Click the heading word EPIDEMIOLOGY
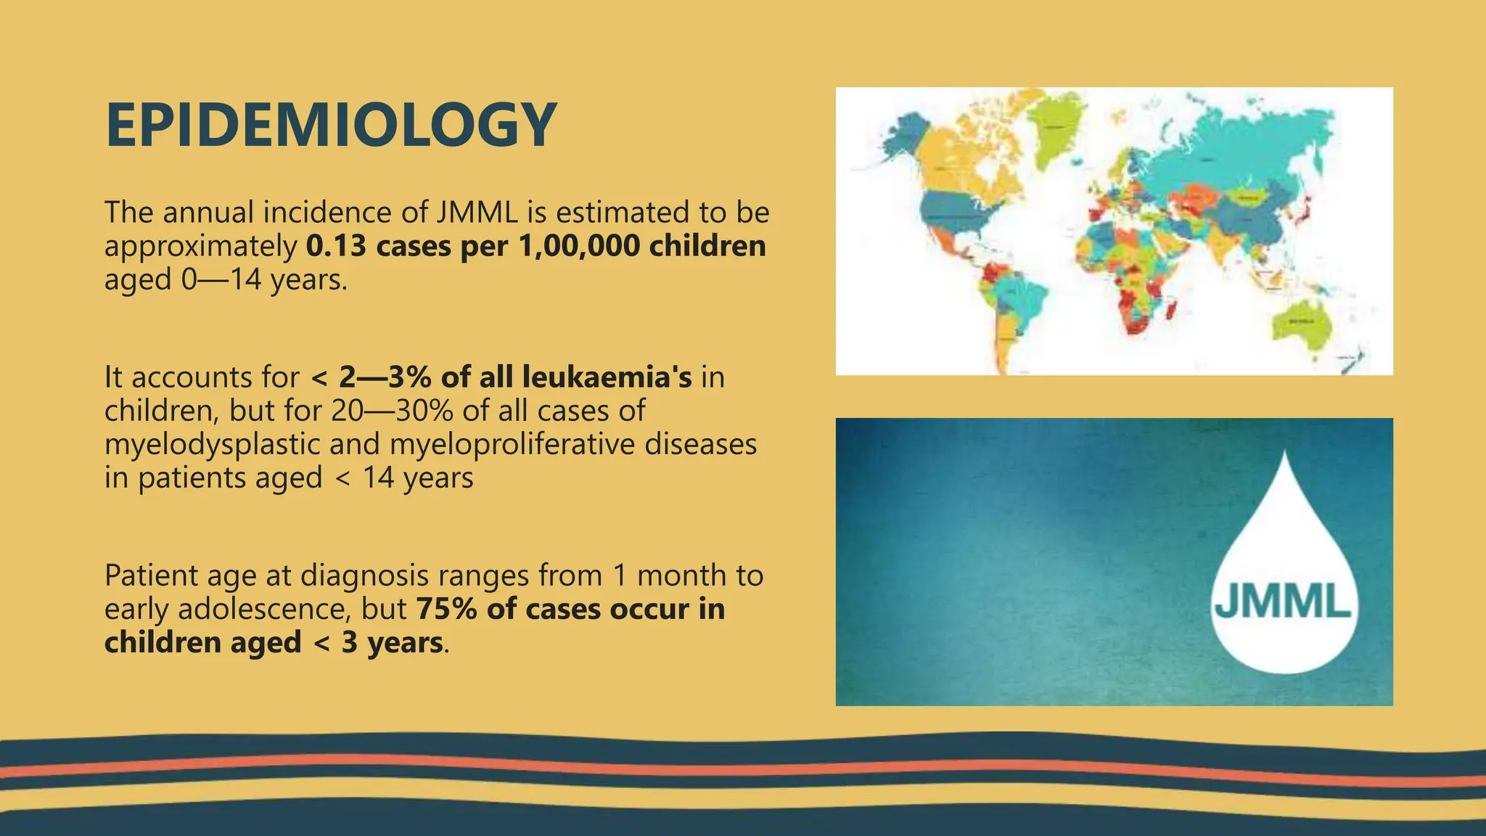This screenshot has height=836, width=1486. tap(331, 126)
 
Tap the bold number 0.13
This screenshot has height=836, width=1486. tap(336, 246)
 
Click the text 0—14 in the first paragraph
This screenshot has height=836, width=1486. tap(221, 279)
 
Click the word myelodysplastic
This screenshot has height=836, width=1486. tap(212, 444)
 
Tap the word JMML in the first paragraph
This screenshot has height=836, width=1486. tap(477, 213)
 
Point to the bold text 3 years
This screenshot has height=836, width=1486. tap(392, 643)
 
